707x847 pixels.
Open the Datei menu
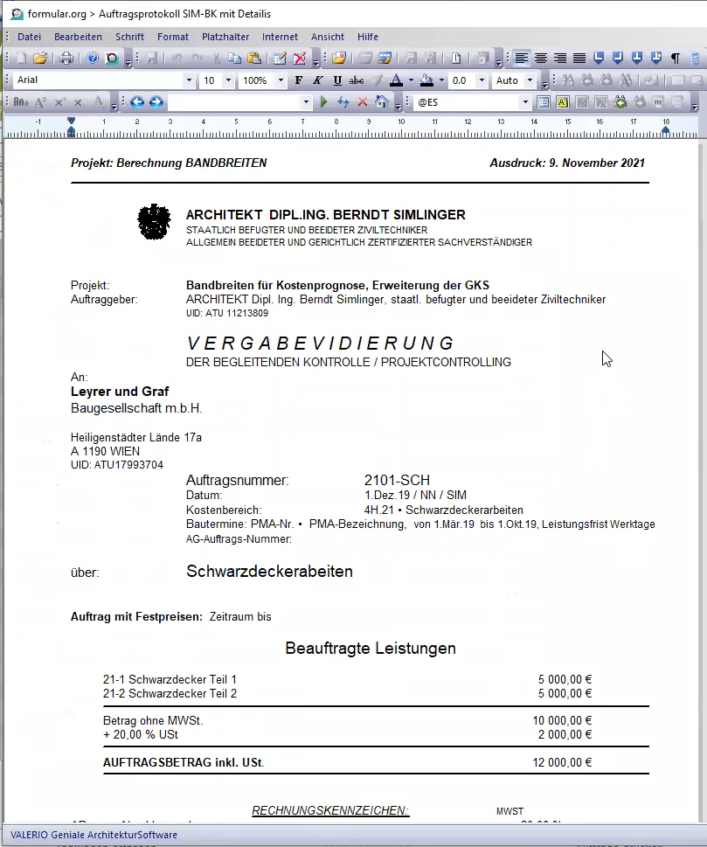point(29,37)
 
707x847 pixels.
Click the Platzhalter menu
point(225,37)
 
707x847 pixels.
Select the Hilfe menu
point(368,37)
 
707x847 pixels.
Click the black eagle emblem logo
point(155,221)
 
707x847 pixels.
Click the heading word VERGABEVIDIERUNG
point(321,343)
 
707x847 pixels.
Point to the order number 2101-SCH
point(397,480)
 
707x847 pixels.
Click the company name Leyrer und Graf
point(120,392)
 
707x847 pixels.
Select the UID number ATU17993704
point(116,465)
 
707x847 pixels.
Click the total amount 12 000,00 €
point(562,762)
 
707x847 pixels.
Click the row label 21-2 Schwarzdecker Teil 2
point(170,694)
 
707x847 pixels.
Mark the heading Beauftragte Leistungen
point(371,649)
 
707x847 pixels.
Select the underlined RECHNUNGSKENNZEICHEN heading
point(330,810)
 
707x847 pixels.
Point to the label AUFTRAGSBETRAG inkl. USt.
point(184,762)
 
